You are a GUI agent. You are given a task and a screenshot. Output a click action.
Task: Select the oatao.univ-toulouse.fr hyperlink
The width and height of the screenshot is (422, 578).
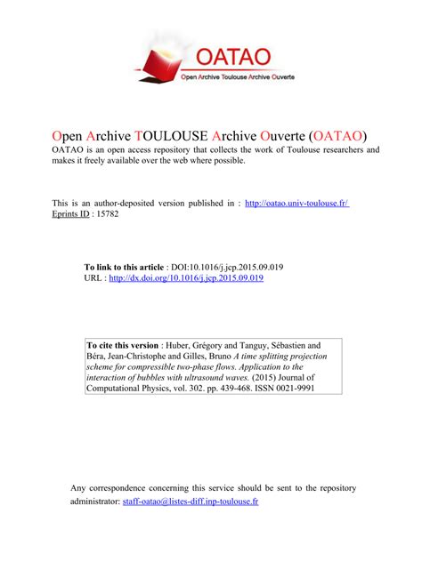coord(296,203)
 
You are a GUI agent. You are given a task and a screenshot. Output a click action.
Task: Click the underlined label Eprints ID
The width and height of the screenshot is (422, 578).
coord(73,214)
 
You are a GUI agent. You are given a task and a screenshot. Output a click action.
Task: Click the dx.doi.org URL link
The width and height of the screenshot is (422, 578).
coord(186,278)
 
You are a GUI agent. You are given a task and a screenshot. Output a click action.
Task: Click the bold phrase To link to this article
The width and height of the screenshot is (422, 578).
coord(124,267)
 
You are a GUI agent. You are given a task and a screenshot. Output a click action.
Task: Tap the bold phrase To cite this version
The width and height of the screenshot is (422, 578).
coord(124,344)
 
